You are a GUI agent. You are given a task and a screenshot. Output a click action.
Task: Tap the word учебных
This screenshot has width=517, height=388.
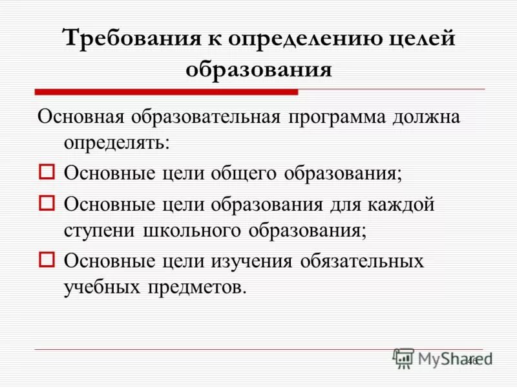[x=103, y=287]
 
